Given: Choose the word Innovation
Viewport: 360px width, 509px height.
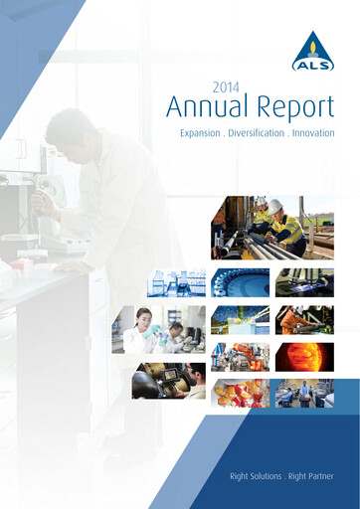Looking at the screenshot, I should click(x=312, y=132).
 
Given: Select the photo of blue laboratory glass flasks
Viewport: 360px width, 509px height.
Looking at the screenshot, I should click(x=177, y=283).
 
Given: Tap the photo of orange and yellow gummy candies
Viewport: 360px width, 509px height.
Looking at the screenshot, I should click(x=242, y=394).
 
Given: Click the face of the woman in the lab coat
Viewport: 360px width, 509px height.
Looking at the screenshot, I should click(x=143, y=318).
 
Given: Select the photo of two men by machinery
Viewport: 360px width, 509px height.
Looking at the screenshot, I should click(x=304, y=394).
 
